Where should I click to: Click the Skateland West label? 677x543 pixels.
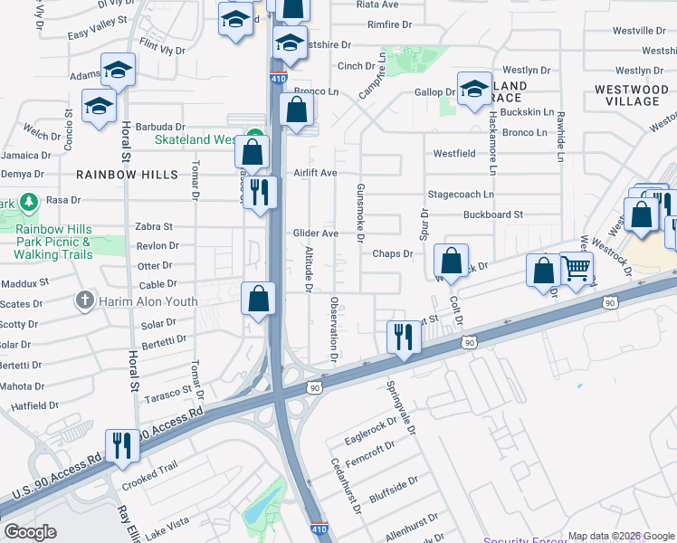click(x=195, y=139)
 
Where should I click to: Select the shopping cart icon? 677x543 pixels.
click(x=577, y=268)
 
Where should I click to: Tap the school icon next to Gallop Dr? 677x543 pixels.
click(x=473, y=89)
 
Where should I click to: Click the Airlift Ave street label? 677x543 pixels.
click(x=315, y=173)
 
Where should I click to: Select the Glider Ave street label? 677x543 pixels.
click(x=315, y=233)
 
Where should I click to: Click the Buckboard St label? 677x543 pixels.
click(x=493, y=214)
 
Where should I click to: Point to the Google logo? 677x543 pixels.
click(x=30, y=532)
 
